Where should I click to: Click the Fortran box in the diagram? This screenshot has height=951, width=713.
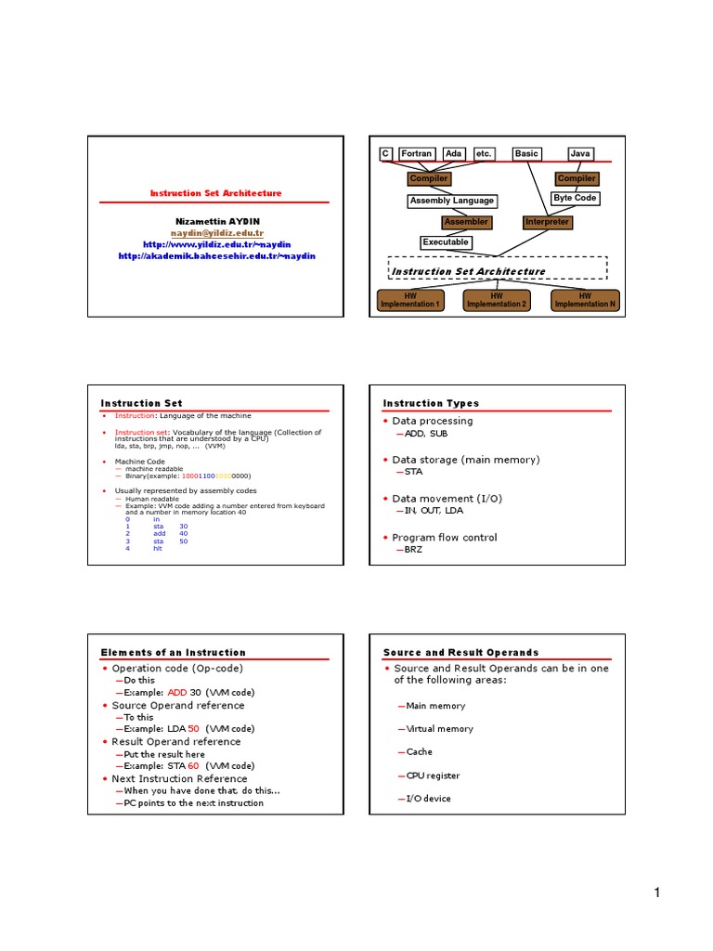[x=417, y=153]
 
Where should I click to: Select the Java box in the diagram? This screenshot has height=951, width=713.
[x=579, y=153]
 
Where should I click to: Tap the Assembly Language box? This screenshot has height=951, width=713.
[x=452, y=201]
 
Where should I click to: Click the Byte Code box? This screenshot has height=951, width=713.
[x=575, y=198]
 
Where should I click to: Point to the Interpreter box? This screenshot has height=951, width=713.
[x=547, y=222]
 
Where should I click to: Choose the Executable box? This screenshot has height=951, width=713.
[x=446, y=242]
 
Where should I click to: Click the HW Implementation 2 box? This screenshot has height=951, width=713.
[x=496, y=300]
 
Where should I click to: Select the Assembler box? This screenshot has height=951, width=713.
[x=465, y=222]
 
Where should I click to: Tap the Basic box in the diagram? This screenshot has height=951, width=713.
[x=526, y=153]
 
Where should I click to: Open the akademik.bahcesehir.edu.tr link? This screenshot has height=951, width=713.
[x=217, y=255]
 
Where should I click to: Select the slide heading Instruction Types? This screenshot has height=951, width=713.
[x=431, y=403]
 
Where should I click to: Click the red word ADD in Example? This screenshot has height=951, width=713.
[x=176, y=693]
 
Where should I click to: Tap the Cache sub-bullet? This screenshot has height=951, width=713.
[x=419, y=752]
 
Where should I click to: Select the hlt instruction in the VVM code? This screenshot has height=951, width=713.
[x=157, y=549]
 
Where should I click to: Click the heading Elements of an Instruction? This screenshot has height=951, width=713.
[x=173, y=652]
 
